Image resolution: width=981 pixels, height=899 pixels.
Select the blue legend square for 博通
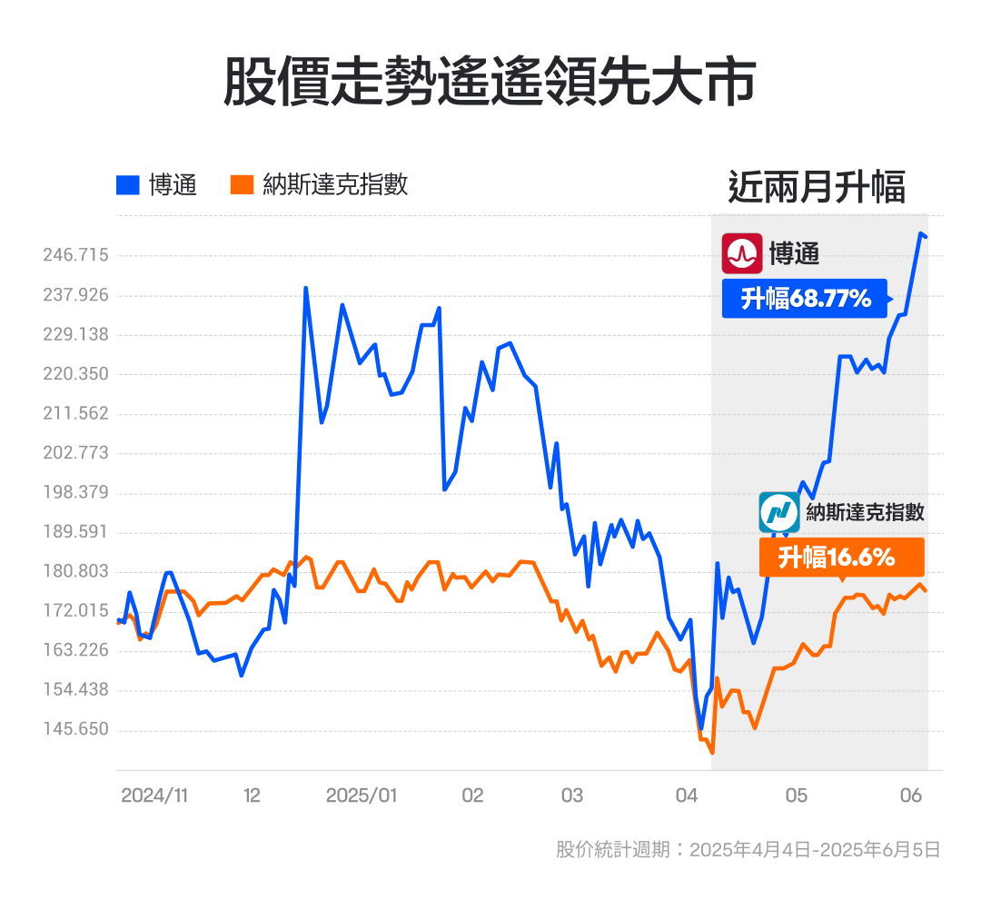(x=128, y=185)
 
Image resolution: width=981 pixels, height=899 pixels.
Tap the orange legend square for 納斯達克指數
(x=242, y=185)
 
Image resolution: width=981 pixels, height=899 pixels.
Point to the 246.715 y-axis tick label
(x=75, y=255)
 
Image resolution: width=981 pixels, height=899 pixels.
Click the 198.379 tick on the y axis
(x=75, y=492)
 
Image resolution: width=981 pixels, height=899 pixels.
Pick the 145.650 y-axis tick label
(x=75, y=729)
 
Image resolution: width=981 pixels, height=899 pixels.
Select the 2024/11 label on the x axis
(x=154, y=795)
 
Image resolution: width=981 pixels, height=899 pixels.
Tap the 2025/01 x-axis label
(x=362, y=795)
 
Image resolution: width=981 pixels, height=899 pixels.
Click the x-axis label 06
(x=912, y=795)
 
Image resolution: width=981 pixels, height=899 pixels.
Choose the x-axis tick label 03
(x=571, y=795)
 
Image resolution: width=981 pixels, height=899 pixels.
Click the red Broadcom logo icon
(x=742, y=253)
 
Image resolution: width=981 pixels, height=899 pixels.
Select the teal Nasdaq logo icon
(x=779, y=513)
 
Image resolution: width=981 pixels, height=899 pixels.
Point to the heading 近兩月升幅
(x=817, y=187)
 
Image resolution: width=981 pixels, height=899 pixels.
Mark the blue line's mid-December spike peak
(x=306, y=288)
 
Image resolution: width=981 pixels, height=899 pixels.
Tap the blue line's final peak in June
(x=920, y=233)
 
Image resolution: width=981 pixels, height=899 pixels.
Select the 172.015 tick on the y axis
(x=75, y=610)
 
